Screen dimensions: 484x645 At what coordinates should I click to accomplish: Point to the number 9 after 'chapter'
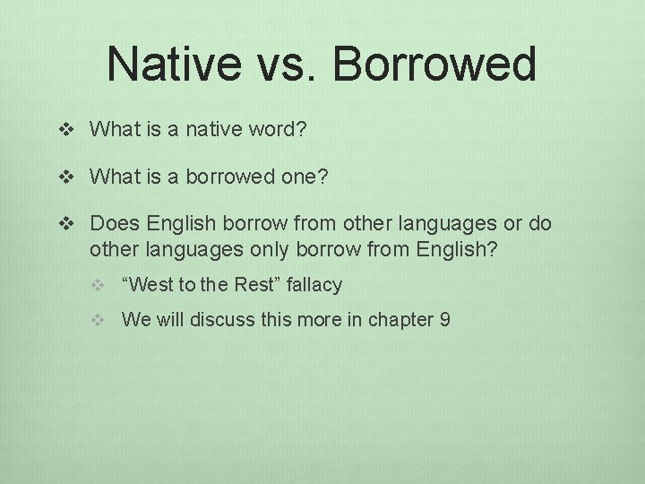(x=445, y=319)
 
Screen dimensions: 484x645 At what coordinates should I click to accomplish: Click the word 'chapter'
(x=401, y=320)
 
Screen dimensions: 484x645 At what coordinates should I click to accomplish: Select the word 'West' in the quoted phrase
(x=151, y=285)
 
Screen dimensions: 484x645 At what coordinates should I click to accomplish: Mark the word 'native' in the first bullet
(x=211, y=130)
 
